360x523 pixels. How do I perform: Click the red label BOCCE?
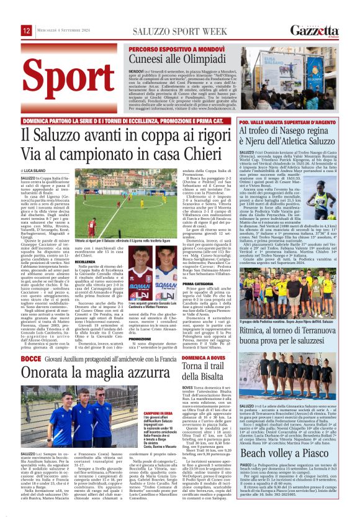point(32,359)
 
